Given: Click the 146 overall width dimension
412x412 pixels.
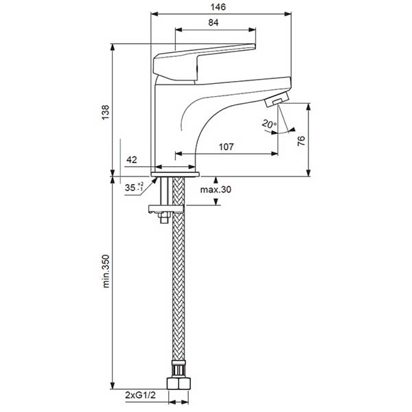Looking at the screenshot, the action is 218,7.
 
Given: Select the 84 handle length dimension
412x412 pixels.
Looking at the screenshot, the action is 214,23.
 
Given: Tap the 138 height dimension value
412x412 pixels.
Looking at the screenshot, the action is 105,113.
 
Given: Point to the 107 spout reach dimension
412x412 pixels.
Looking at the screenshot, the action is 226,147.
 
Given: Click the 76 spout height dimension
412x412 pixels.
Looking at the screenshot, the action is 301,141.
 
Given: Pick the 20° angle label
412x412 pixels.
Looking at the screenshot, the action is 269,124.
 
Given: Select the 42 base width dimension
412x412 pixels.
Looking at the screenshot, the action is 132,159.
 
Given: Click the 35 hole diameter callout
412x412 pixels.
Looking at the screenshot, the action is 134,187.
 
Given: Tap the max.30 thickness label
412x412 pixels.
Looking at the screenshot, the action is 216,190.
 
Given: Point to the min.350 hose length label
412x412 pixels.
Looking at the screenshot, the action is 106,271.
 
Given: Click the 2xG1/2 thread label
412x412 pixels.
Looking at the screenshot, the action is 140,395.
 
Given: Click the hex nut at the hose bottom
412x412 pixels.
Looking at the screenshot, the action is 178,384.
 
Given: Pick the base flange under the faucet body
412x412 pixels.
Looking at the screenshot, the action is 175,174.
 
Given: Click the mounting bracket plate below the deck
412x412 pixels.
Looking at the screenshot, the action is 166,209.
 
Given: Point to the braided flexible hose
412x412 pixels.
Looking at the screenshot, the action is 179,268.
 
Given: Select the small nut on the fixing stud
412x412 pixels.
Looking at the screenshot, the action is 164,218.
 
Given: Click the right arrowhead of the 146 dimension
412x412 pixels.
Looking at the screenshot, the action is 288,14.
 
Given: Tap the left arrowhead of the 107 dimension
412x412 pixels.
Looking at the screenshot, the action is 179,153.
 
